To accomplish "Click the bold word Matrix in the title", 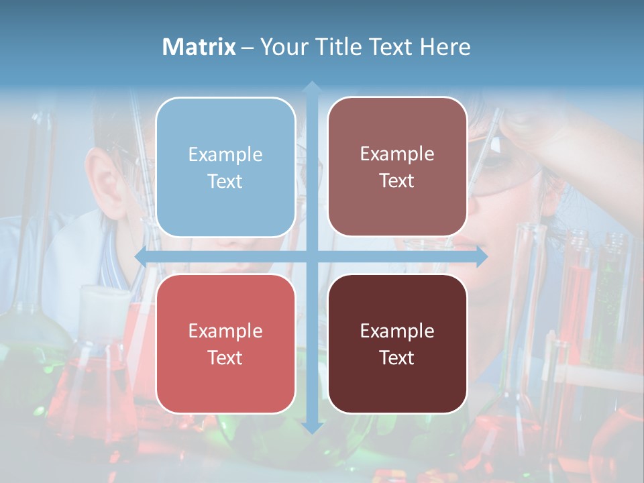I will [199, 47].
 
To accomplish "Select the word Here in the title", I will [445, 47].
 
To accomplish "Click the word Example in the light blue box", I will [225, 154].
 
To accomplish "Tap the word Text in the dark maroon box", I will [397, 358].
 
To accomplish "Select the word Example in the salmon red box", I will [225, 331].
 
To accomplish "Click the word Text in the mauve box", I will [397, 180].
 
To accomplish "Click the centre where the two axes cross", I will [311, 256].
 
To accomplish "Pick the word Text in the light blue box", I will [225, 181].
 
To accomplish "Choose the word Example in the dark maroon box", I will [397, 331].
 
